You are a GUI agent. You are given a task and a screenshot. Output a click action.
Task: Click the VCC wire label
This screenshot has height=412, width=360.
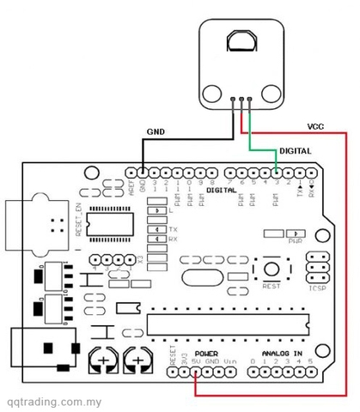(x=315, y=125)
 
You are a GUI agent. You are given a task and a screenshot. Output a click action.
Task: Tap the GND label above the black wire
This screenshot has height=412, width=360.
(x=155, y=132)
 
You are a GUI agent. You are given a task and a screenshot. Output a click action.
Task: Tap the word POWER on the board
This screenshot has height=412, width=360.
(x=206, y=353)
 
